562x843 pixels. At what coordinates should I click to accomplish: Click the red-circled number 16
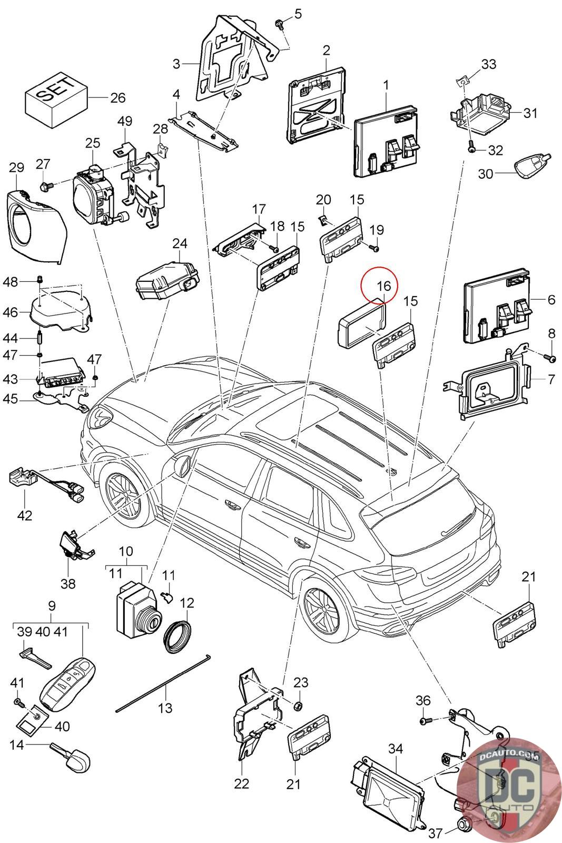(x=384, y=286)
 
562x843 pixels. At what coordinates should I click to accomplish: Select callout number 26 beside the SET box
(x=117, y=97)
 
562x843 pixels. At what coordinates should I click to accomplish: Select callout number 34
(x=395, y=748)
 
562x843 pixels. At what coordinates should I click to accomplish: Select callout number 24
(x=180, y=243)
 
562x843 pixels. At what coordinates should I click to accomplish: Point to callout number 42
(x=25, y=515)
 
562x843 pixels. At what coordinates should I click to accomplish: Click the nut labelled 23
(x=297, y=705)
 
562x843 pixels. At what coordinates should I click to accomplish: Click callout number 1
(x=386, y=84)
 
